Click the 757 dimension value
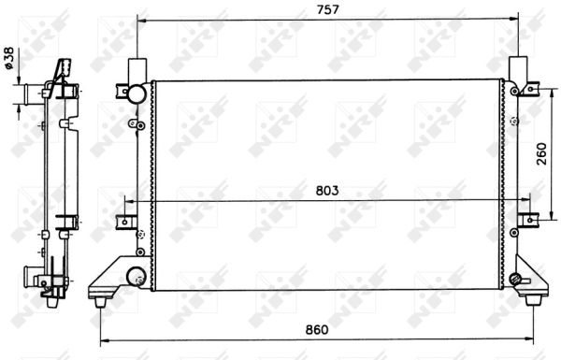(327, 9)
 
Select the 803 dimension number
(327, 191)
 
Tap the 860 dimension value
(317, 329)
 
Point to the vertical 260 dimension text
(541, 153)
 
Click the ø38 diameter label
(8, 58)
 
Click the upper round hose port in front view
(137, 94)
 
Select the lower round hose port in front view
(137, 276)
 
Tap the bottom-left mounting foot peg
(100, 302)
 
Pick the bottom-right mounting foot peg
(533, 300)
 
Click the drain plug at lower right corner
(515, 278)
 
